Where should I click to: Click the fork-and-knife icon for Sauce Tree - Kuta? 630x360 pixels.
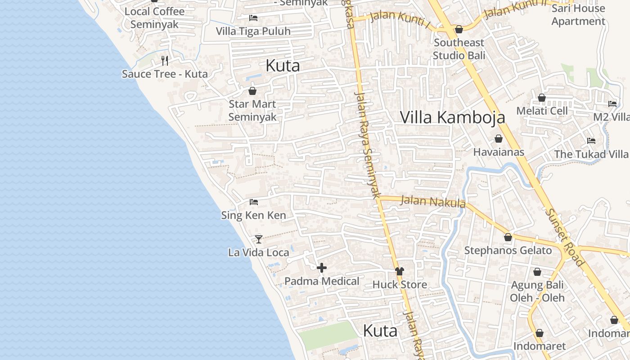[165, 61]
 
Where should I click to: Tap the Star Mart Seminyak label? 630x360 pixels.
[252, 111]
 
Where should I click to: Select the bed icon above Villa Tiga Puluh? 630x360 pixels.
[253, 18]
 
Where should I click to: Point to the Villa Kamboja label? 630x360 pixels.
[452, 117]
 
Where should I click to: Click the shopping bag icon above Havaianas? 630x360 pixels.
[499, 139]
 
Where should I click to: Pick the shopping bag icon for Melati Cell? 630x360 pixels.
[542, 98]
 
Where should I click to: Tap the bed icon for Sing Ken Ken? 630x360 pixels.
[254, 202]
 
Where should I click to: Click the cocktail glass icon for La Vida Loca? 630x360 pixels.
[259, 239]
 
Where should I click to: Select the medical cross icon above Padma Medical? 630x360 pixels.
[322, 268]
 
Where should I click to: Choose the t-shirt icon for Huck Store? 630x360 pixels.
[400, 271]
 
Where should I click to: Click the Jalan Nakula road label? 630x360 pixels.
[432, 201]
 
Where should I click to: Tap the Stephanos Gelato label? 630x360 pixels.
[508, 251]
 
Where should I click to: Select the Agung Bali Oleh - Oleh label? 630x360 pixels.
[537, 292]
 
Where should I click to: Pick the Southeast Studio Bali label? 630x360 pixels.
[459, 49]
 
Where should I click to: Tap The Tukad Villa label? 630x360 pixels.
[591, 154]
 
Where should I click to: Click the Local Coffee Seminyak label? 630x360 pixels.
[154, 18]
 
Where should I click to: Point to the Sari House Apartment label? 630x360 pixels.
[578, 15]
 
